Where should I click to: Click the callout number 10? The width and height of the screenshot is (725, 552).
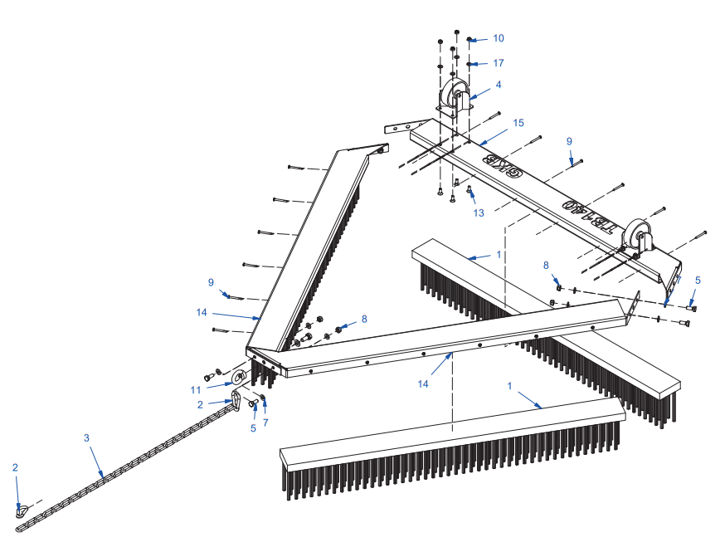tap(498, 38)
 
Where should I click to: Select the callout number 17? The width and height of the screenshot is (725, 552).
tap(498, 63)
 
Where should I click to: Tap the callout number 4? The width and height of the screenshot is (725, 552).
tap(498, 85)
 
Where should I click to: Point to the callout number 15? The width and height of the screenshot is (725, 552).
tap(518, 123)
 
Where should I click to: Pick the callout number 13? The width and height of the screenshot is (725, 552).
tap(479, 212)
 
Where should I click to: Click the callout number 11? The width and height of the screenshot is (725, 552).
tap(196, 390)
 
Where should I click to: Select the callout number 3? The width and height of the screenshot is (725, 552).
tap(86, 437)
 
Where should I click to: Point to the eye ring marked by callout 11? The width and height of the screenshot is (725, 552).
tap(239, 377)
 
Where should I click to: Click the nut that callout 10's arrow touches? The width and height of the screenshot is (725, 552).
tap(469, 39)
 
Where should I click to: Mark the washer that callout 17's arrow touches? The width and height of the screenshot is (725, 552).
tap(469, 64)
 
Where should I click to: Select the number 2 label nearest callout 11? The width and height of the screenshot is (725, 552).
tap(200, 405)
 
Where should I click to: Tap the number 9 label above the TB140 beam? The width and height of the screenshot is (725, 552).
tap(569, 142)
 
